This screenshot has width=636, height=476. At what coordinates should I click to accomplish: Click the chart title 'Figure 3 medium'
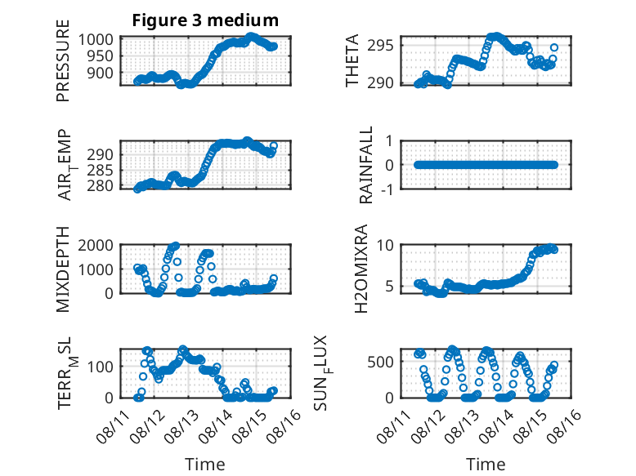(x=205, y=20)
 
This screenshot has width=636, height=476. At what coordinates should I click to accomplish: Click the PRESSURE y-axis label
(x=63, y=60)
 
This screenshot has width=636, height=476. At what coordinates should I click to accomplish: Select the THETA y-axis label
(x=352, y=60)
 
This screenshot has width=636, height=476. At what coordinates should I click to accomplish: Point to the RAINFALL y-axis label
(x=365, y=165)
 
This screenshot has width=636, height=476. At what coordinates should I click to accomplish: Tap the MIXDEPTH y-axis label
(x=63, y=269)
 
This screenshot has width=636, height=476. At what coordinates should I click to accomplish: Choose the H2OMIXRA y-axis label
(x=361, y=269)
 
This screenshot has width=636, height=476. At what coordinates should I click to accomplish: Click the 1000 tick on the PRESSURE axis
(x=96, y=40)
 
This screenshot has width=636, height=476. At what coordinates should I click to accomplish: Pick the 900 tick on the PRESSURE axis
(x=101, y=73)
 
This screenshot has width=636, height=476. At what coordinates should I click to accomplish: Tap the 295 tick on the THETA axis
(x=380, y=46)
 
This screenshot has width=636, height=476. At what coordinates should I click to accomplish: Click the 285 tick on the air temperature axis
(x=101, y=170)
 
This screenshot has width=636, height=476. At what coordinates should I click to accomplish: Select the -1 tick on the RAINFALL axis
(x=388, y=189)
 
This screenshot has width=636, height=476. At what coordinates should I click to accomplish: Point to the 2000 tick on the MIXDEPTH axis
(x=96, y=245)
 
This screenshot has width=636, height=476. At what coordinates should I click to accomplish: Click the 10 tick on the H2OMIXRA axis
(x=385, y=245)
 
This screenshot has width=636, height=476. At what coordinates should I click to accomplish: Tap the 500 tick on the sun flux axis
(x=380, y=362)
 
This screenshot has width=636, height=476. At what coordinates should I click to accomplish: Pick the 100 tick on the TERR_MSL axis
(x=101, y=367)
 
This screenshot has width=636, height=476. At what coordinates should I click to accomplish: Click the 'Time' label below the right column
(x=486, y=464)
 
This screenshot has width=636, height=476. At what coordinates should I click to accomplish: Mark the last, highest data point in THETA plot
(x=554, y=48)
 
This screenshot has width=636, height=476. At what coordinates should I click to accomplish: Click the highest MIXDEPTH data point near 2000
(x=176, y=246)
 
